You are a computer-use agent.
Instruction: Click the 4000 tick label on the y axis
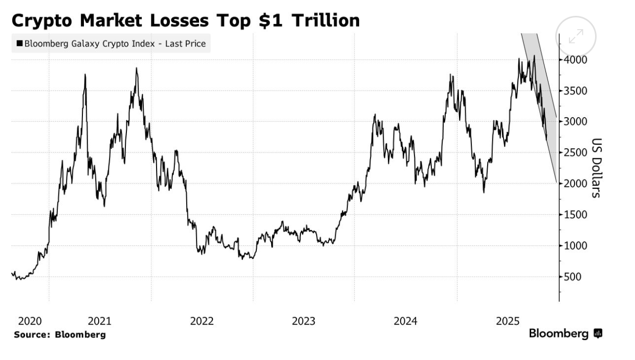point(576,60)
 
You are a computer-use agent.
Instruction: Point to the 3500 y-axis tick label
point(576,91)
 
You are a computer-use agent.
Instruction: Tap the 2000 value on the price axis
point(576,184)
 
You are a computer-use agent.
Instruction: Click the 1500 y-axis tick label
point(576,215)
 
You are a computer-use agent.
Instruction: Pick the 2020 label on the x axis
point(29,322)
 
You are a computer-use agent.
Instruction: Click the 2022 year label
point(202,322)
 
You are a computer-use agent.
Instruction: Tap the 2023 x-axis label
point(303,322)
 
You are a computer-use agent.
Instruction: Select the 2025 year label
point(508,322)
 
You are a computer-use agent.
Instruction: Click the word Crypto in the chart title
point(43,21)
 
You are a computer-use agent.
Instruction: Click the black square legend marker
point(19,44)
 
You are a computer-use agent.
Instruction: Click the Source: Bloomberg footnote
point(60,335)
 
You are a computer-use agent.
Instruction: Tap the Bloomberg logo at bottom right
point(565,334)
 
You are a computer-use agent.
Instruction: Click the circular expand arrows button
point(576,36)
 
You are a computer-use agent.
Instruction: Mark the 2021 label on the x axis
point(99,322)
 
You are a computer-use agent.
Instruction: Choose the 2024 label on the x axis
point(406,322)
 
